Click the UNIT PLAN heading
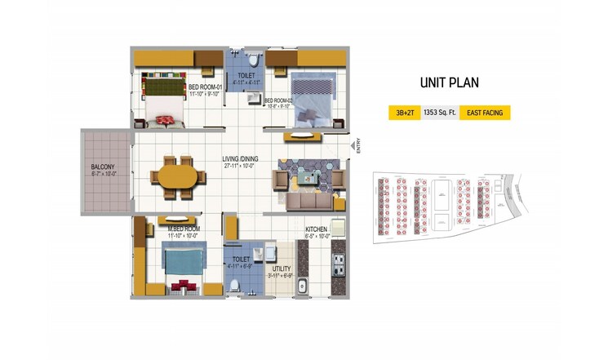pyautogui.click(x=449, y=82)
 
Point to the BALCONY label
pyautogui.click(x=103, y=167)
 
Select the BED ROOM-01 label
pyautogui.click(x=204, y=87)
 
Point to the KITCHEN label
pyautogui.click(x=316, y=229)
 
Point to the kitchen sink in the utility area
pyautogui.click(x=302, y=286)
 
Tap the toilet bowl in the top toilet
pyautogui.click(x=253, y=60)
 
